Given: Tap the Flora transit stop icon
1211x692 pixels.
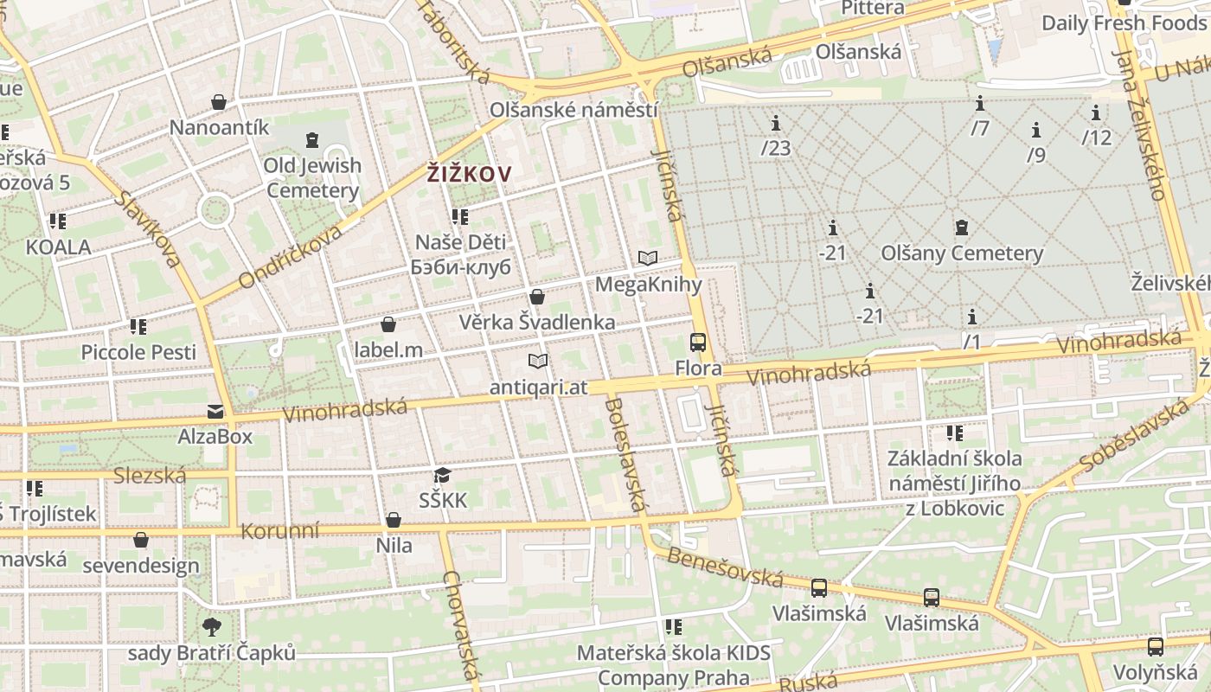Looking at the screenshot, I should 698,343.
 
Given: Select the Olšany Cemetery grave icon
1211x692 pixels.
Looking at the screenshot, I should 961,228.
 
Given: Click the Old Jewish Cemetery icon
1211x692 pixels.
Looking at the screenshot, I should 311,139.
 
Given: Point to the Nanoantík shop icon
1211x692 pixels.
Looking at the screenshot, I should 220,102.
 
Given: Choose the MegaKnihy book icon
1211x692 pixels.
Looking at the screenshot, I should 648,258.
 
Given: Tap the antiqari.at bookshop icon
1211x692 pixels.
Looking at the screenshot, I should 538,361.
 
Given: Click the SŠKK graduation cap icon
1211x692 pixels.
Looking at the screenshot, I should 443,475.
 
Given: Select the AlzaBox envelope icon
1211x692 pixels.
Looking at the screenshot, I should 215,411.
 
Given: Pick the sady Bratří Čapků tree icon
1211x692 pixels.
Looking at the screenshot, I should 211,626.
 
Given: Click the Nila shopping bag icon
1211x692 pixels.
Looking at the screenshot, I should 394,520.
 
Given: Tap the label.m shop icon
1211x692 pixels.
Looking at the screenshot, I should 388,324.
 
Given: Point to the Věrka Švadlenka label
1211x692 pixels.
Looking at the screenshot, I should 537,323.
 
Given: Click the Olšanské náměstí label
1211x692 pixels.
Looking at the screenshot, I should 573,110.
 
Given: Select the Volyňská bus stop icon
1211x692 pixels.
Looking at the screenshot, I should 1155,646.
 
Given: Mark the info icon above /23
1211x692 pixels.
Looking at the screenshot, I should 776,123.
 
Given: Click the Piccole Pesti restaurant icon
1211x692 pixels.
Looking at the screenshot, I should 138,327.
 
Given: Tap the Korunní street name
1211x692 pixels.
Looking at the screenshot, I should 279,530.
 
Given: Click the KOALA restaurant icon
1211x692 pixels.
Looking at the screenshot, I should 58,221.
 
